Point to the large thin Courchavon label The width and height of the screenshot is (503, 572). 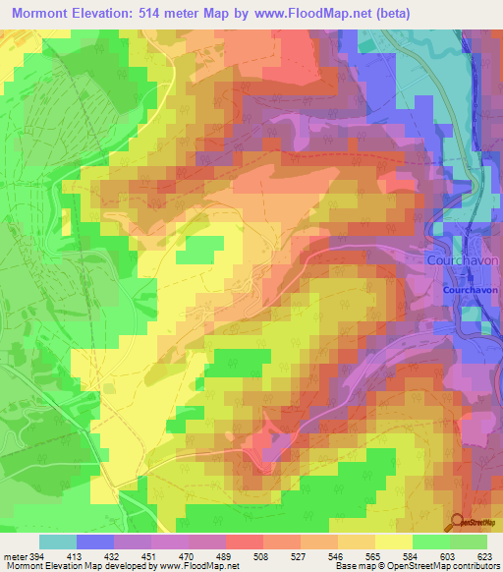tap(464, 261)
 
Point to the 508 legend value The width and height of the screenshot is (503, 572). tap(262, 556)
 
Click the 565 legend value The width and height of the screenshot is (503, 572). tap(374, 556)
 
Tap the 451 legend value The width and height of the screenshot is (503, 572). tap(150, 556)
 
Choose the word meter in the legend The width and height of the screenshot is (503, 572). tap(14, 556)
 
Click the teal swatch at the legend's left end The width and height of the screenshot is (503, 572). tap(58, 542)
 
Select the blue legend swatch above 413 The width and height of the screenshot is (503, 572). tap(95, 542)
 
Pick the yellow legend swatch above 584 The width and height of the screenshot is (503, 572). tap(394, 542)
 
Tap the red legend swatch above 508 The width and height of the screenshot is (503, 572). tap(245, 542)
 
